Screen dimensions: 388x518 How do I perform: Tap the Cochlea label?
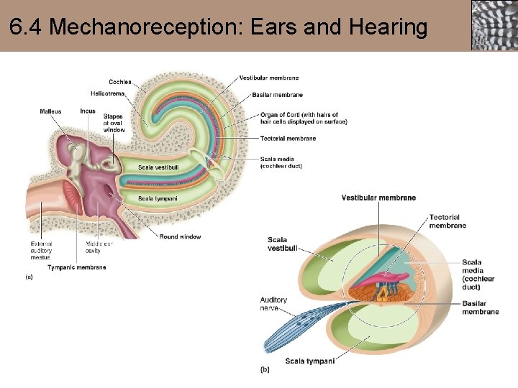pos(120,82)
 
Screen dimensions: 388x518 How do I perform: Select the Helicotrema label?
pos(108,93)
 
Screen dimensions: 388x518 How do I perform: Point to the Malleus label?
pos(50,111)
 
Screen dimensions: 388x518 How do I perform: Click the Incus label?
pos(88,111)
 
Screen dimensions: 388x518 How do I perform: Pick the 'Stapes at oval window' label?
pos(114,123)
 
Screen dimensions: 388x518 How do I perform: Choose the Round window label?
pos(180,237)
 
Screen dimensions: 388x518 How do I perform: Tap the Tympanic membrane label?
pos(76,267)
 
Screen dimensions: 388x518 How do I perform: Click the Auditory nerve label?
pos(273,304)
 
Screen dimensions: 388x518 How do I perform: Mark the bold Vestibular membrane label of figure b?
pos(378,198)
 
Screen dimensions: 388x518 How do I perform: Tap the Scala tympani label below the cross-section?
pos(309,361)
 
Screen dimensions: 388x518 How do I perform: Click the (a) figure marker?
pos(29,276)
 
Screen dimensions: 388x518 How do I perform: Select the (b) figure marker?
pos(265,370)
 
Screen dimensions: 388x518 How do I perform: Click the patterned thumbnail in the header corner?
pos(494,25)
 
